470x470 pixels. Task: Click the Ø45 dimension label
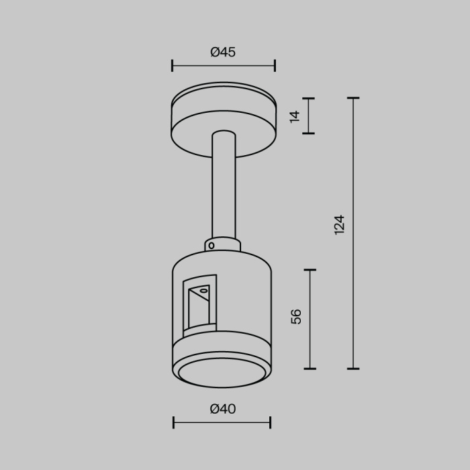coord(223,52)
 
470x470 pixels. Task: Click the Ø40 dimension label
coord(223,409)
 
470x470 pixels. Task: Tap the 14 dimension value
coord(294,116)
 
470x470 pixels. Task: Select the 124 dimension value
coord(339,224)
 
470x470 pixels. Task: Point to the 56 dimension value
coord(296,316)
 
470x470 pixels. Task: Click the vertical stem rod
coord(223,188)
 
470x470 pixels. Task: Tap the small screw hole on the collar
coord(211,246)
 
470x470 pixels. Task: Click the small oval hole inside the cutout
coord(203,291)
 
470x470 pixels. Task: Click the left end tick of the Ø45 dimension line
coord(173,65)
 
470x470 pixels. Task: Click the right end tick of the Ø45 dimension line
coord(275,65)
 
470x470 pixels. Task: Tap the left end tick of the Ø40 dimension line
coord(174,422)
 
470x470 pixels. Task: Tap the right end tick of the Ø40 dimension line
coord(270,422)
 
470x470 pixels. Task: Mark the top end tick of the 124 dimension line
coord(352,98)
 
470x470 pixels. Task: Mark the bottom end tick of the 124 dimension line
coord(352,369)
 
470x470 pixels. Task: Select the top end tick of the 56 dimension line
coord(310,270)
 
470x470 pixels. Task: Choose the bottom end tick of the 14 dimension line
coord(308,133)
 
